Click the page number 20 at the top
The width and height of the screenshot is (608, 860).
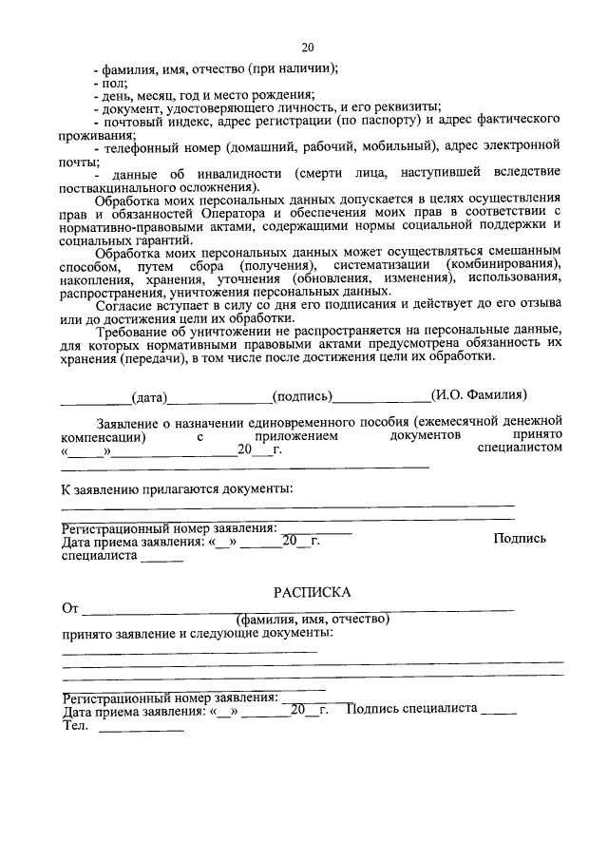pos(307,48)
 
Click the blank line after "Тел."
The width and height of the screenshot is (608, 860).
pos(142,730)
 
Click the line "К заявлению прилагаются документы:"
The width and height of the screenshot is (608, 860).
pos(178,488)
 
